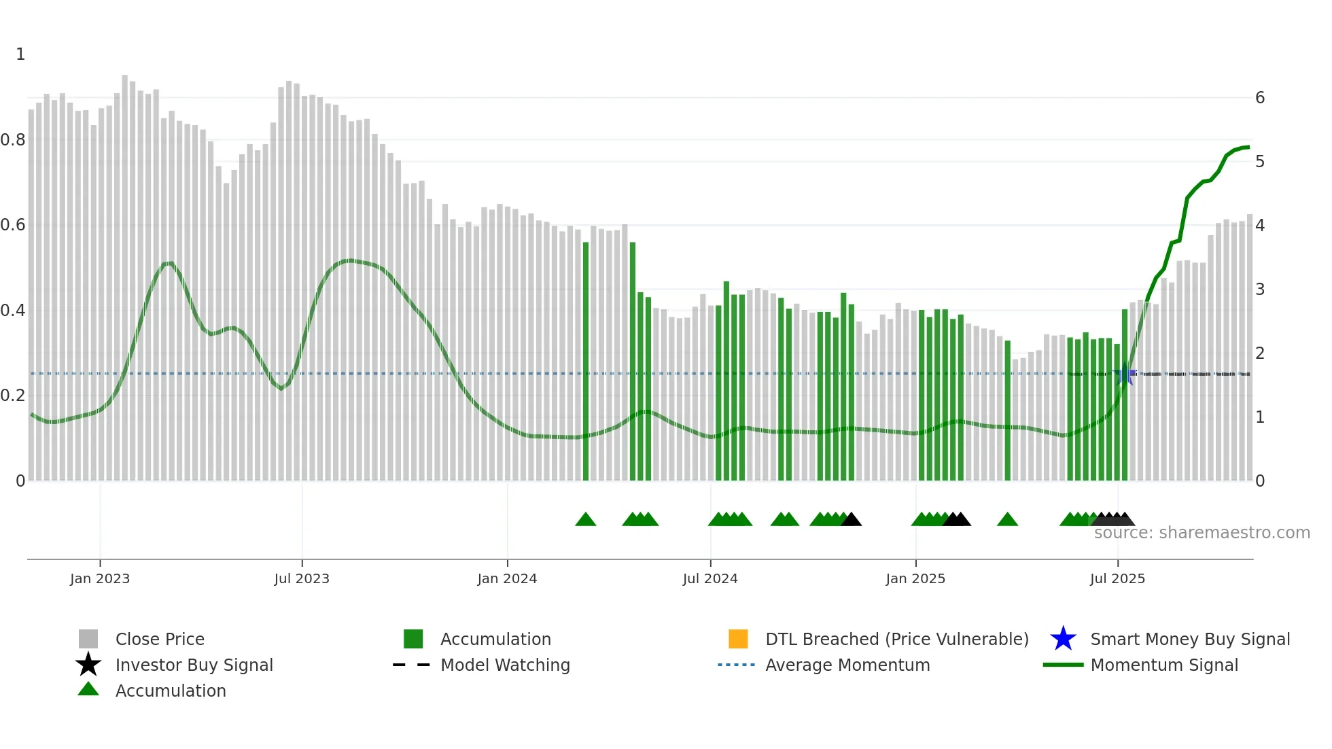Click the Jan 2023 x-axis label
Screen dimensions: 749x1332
click(99, 578)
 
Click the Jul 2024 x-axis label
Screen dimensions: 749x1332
click(710, 578)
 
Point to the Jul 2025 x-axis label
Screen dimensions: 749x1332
click(1117, 578)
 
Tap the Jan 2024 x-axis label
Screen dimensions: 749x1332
click(507, 578)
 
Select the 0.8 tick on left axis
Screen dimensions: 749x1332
click(13, 140)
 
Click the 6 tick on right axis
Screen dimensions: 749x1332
click(1260, 98)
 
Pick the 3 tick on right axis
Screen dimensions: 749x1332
click(1260, 290)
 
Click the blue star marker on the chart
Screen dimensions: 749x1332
click(1125, 374)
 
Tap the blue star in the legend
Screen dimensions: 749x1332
click(1063, 639)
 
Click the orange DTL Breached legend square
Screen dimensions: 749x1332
click(738, 639)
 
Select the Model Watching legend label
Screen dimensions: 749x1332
click(505, 665)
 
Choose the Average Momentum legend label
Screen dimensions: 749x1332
click(847, 665)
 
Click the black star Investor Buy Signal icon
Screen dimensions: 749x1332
click(88, 665)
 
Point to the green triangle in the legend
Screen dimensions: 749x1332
click(88, 689)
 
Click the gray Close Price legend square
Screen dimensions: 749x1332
click(88, 639)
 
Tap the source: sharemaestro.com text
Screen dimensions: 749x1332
click(1202, 533)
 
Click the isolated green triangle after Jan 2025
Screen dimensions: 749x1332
click(1007, 520)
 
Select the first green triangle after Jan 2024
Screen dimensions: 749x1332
click(586, 520)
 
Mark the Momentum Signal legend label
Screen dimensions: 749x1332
click(1164, 665)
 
